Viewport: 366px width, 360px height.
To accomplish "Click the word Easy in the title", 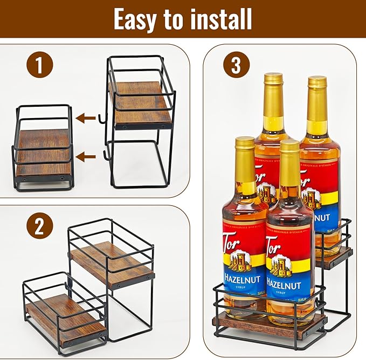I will [137, 19].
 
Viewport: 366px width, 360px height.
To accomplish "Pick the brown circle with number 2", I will [39, 226].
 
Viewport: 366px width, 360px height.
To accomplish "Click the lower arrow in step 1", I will [85, 157].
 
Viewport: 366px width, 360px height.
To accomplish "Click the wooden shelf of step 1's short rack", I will [43, 154].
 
